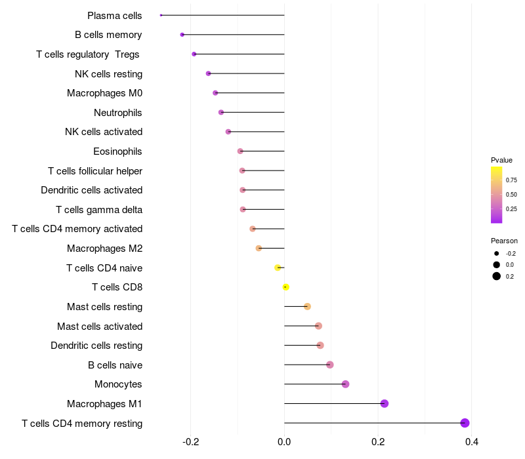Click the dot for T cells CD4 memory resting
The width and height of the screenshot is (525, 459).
pos(465,423)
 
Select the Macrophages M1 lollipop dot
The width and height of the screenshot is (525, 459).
pos(385,403)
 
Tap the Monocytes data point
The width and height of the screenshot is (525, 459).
pos(346,384)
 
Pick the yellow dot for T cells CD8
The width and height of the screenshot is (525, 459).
pos(285,287)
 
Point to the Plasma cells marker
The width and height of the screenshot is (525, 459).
pos(161,15)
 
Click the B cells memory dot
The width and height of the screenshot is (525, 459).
pos(182,35)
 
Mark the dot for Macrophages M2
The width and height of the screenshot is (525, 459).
pos(259,249)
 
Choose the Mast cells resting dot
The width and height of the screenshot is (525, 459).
pos(307,306)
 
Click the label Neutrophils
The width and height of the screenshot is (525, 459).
pos(118,113)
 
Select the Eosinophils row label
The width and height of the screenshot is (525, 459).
pos(118,151)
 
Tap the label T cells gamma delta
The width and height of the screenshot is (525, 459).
pos(99,210)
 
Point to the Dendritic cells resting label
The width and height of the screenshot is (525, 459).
pos(96,346)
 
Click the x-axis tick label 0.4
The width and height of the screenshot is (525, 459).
pos(471,441)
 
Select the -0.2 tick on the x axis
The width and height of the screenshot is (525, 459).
pos(190,441)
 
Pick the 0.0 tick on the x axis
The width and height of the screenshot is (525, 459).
pos(284,441)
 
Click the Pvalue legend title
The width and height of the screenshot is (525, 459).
pos(501,160)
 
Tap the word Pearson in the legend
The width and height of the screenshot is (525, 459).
pos(504,241)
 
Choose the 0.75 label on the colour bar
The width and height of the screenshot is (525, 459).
pos(511,180)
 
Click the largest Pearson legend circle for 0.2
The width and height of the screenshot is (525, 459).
pos(497,276)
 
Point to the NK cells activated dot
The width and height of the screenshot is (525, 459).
pos(228,132)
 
